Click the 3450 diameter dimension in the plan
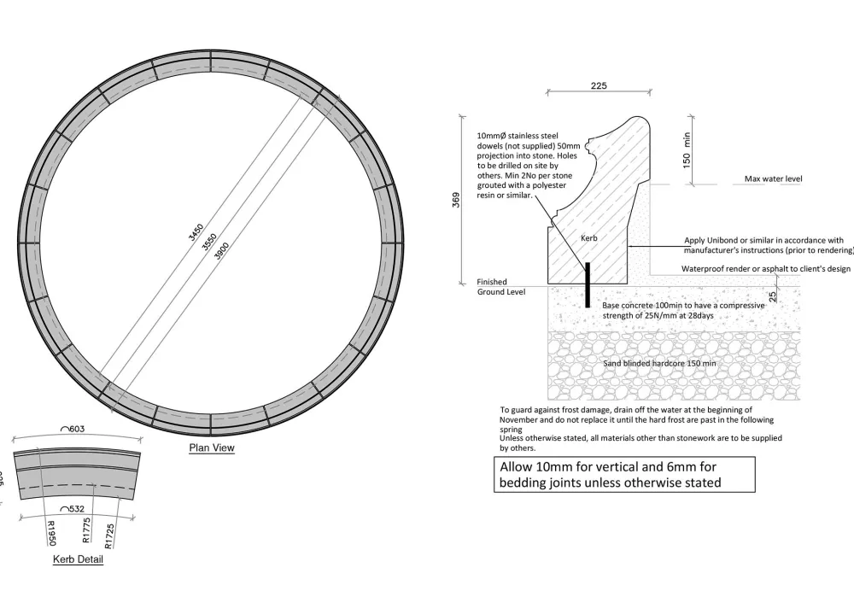(196, 232)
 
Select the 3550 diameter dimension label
(208, 241)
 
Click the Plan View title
(211, 448)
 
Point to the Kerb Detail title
(78, 560)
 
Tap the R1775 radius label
(85, 531)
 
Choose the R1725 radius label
(109, 533)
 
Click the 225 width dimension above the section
(599, 85)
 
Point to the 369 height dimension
(457, 200)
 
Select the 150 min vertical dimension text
(687, 150)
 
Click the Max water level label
(773, 179)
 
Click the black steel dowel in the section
(588, 284)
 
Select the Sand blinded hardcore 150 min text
(659, 363)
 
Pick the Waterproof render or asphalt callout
(765, 268)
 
